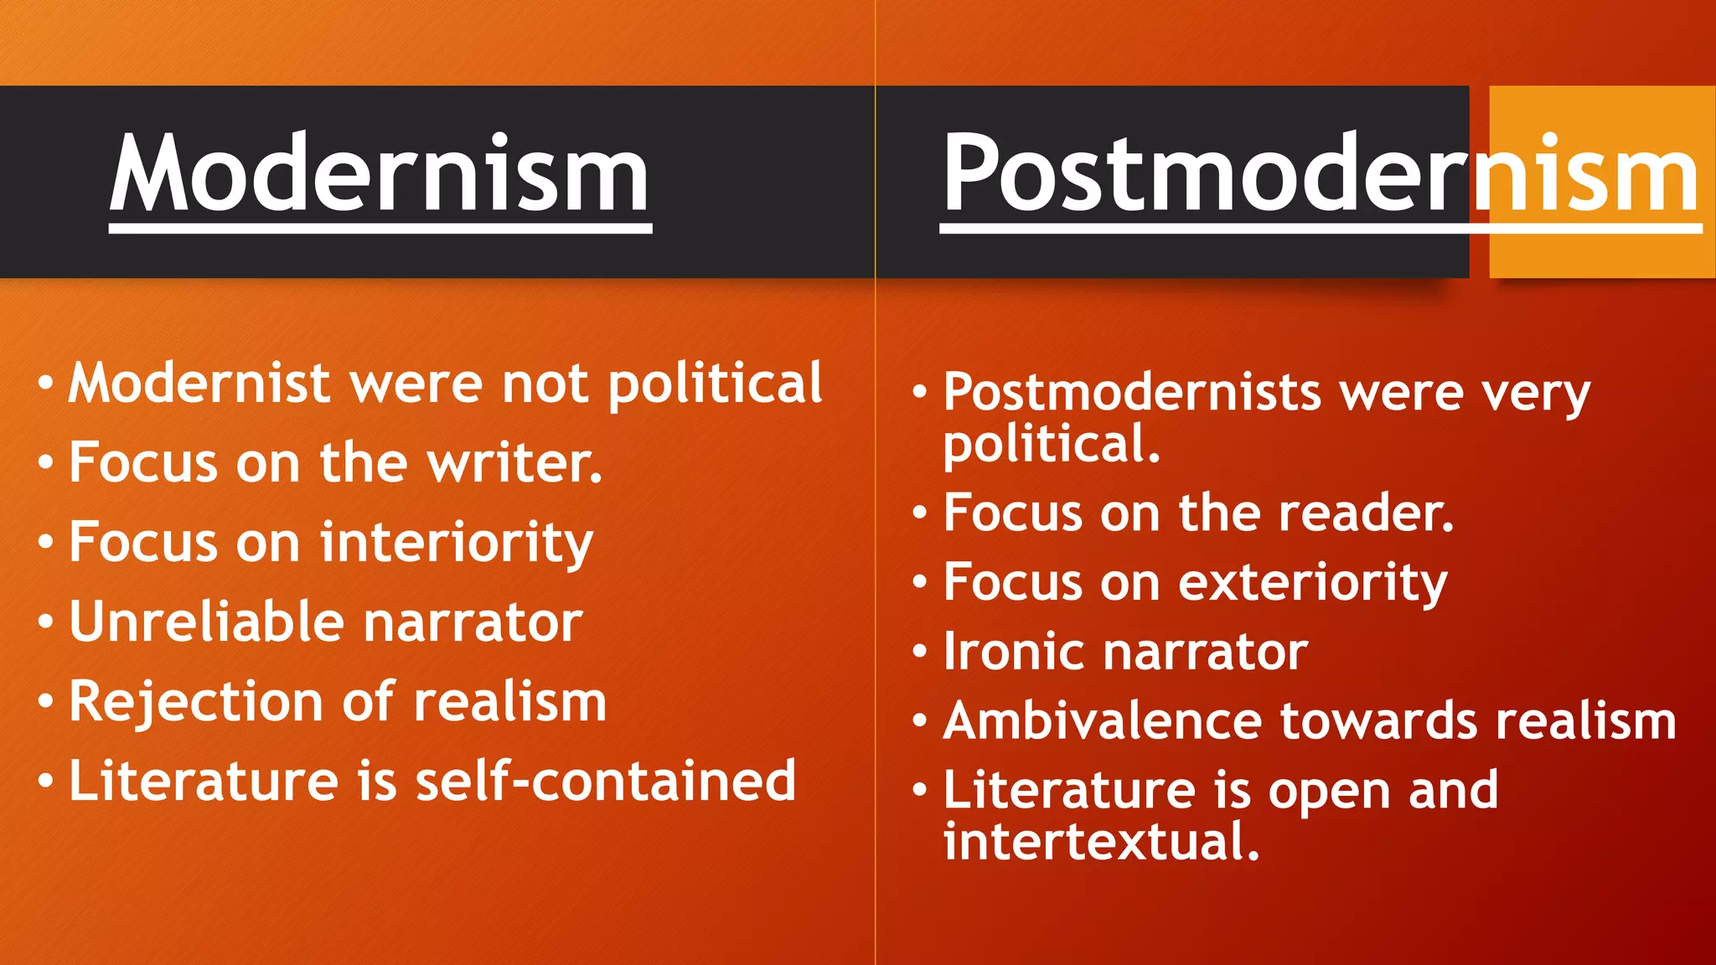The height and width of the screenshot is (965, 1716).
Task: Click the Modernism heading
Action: (380, 174)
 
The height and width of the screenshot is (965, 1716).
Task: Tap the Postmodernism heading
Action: (1320, 174)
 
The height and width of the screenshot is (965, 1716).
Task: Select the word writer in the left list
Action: (514, 462)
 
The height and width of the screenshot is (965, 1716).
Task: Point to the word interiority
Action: (457, 542)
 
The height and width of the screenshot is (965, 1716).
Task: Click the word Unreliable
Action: (206, 622)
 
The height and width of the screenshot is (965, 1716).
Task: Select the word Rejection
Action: (196, 701)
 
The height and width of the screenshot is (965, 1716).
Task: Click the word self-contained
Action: (605, 781)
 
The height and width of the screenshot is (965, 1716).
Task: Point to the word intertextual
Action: (1101, 841)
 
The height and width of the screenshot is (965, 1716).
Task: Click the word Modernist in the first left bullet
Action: (199, 383)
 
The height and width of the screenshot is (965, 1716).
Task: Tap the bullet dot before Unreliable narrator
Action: (46, 622)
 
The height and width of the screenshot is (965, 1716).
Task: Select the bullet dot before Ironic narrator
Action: (920, 652)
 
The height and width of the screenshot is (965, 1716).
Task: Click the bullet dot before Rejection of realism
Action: (46, 702)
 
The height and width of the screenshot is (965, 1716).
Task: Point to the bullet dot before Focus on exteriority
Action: (920, 582)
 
